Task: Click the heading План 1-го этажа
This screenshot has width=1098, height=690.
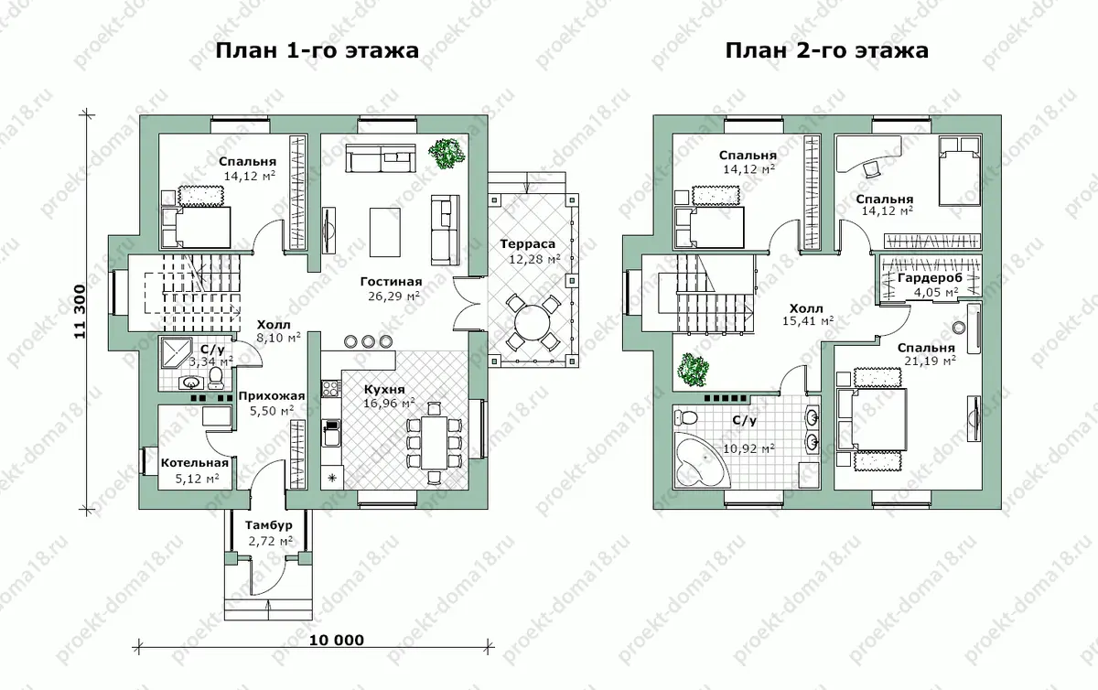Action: (x=318, y=50)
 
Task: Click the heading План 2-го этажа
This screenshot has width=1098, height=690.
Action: (x=827, y=50)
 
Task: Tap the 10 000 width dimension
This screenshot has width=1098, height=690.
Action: (x=337, y=640)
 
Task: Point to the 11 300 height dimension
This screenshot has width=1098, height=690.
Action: (x=80, y=311)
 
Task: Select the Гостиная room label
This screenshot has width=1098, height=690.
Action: (x=392, y=282)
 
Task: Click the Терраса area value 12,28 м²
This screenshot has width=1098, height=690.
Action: (x=534, y=258)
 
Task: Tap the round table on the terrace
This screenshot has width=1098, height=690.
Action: (x=533, y=322)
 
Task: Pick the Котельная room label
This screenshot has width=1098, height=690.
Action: (x=195, y=463)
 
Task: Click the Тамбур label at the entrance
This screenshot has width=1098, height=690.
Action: (x=269, y=525)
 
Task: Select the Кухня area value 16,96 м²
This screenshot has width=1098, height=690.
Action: (x=389, y=404)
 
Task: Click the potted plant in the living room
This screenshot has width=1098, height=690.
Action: (x=447, y=154)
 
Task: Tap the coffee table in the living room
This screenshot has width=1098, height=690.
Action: (x=385, y=232)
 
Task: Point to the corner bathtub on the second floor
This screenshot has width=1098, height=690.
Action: (x=702, y=460)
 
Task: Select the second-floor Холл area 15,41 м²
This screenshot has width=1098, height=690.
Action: (x=808, y=321)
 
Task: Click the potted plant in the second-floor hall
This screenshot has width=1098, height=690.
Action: (x=693, y=370)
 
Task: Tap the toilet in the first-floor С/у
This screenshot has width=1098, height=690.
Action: (x=215, y=378)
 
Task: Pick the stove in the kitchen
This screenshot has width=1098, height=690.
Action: (x=331, y=388)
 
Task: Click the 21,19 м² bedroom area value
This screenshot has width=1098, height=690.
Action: (x=930, y=361)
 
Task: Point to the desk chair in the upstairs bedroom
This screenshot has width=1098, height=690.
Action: (x=872, y=169)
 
